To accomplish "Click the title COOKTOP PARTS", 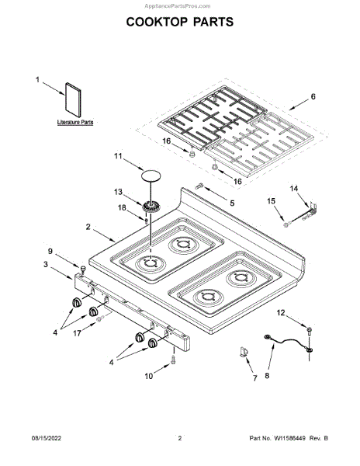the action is [180, 22].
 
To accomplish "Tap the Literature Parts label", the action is [75, 122].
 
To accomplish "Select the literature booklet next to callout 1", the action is [73, 100].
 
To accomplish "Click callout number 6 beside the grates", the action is [313, 96].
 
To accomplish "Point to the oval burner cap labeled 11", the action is [151, 176].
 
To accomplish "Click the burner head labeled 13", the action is [151, 206].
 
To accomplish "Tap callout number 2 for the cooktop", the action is [88, 227].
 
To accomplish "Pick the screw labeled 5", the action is [199, 186].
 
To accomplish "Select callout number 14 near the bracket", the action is [294, 189].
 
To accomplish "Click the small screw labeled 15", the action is [286, 225].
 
